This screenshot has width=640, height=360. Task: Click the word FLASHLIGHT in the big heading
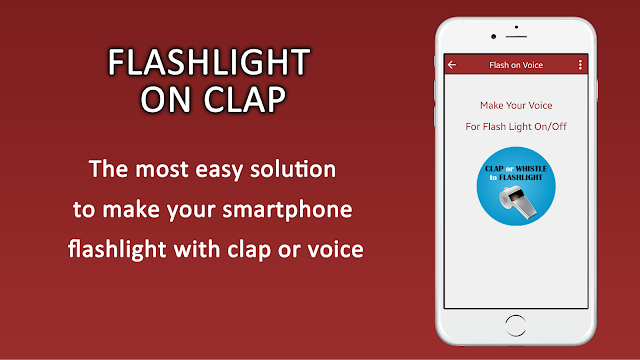pos(209,62)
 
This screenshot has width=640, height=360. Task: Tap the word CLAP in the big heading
pos(244,99)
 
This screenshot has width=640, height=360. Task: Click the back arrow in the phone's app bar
pos(452,65)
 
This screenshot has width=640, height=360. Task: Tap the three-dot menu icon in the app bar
pos(580,65)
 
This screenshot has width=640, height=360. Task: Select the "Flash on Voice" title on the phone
pos(516,65)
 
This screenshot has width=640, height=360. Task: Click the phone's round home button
pos(516,325)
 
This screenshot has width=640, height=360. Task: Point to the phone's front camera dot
pos(493,36)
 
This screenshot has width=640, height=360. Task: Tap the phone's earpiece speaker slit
pos(516,36)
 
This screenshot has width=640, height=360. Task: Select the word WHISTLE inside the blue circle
pos(531,169)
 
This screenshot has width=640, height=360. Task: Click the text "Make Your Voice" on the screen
pos(516,105)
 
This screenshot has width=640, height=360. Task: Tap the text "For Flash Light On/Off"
pos(516,127)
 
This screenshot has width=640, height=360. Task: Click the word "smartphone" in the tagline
pos(287,210)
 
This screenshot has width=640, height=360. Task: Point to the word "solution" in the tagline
pos(293,169)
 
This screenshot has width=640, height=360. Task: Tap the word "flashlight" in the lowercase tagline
pos(117,249)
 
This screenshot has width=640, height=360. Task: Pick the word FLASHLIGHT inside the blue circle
pos(521,178)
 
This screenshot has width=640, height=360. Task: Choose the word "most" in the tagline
pos(162,169)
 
